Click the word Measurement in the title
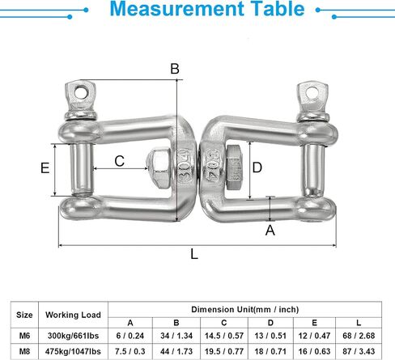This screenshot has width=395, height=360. tap(176, 9)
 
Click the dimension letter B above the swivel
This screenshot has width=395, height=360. tap(175, 69)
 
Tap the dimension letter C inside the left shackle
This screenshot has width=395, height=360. tap(120, 161)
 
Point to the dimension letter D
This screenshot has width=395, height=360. tap(257, 167)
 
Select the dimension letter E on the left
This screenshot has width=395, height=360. tap(45, 167)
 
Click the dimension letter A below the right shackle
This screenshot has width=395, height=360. tap(270, 231)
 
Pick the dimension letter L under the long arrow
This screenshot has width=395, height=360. tap(194, 254)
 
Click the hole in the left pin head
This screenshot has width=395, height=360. tap(81, 91)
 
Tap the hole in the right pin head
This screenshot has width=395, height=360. tap(312, 92)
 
